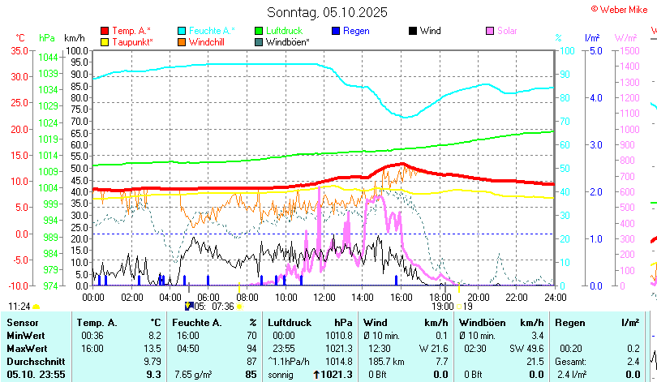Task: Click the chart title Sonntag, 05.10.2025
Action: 328,12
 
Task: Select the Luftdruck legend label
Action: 286,31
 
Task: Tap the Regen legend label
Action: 356,31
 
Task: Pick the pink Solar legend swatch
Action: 490,31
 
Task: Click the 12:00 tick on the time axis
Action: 323,297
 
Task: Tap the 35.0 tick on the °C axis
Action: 17,50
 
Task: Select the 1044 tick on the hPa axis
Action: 48,58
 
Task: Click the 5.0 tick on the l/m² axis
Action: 595,50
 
